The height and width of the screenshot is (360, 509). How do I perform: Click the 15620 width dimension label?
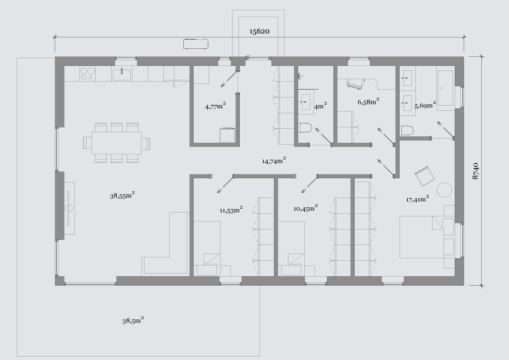click(x=259, y=32)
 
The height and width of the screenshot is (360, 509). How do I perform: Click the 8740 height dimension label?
click(x=475, y=171)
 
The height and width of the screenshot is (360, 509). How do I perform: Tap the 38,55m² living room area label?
click(x=122, y=195)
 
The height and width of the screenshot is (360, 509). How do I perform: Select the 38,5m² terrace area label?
click(x=133, y=320)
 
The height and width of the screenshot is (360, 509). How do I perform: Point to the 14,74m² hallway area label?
click(x=274, y=160)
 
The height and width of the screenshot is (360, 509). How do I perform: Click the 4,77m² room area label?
click(x=215, y=106)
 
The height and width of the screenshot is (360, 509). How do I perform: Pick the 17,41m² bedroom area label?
click(x=418, y=199)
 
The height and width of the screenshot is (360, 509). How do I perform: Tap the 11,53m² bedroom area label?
click(x=231, y=210)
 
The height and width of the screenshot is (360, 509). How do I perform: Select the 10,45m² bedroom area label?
click(x=306, y=208)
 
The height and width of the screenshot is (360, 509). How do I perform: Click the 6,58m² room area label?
click(x=368, y=102)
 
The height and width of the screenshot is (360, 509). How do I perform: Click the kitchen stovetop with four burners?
click(x=88, y=74)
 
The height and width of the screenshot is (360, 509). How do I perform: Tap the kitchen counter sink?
click(x=122, y=75)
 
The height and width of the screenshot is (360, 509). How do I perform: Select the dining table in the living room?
click(x=117, y=142)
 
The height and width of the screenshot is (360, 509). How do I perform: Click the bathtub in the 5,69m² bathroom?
click(x=445, y=88)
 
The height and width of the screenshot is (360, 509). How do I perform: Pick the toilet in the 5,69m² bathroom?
click(x=407, y=130)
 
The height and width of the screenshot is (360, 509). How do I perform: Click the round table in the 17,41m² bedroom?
click(x=444, y=189)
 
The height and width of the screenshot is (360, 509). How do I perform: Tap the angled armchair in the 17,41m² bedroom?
click(x=425, y=176)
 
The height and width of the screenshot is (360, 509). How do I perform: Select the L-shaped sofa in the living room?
click(x=165, y=243)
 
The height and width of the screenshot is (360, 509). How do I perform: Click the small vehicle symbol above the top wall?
click(x=195, y=44)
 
